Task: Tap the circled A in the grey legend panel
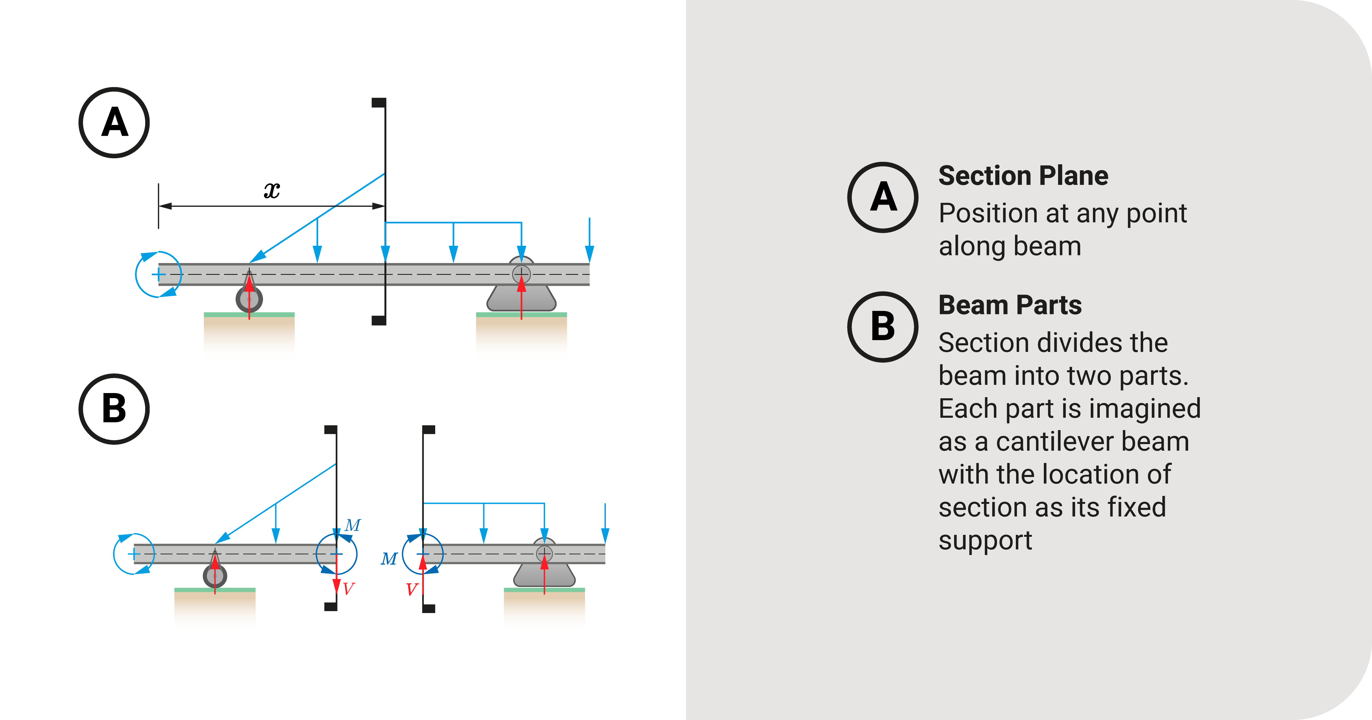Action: click(x=882, y=197)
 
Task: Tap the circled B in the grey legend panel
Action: click(x=882, y=326)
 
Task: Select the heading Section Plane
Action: click(x=1023, y=176)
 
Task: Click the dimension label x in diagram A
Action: click(x=272, y=190)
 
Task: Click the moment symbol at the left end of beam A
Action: click(x=158, y=274)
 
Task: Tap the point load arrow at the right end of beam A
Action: click(x=589, y=240)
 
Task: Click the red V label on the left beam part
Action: click(x=349, y=588)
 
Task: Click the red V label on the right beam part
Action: click(x=411, y=589)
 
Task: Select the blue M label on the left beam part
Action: click(x=353, y=526)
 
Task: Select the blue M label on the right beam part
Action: click(x=389, y=559)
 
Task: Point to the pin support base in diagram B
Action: click(x=544, y=575)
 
